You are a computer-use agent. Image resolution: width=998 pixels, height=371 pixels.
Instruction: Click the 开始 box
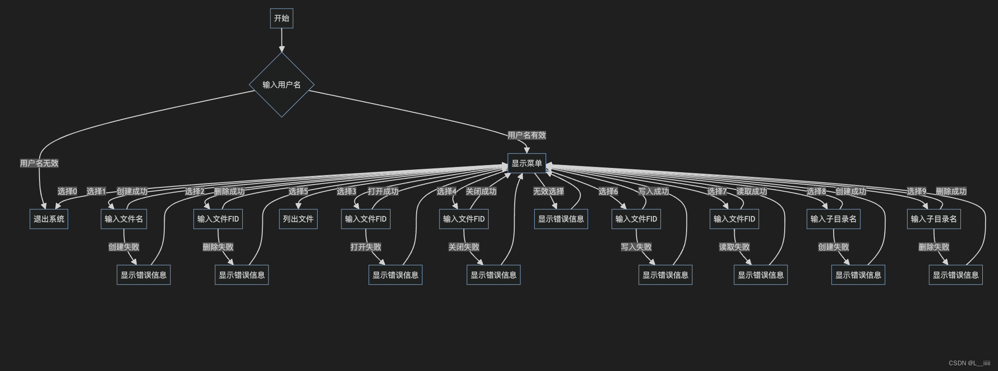point(281,19)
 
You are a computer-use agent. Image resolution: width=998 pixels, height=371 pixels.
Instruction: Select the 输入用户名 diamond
point(281,85)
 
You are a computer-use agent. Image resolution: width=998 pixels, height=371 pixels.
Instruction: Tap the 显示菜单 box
point(526,164)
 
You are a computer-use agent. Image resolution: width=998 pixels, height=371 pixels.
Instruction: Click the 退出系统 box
point(49,219)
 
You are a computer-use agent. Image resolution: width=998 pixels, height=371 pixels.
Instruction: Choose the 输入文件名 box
point(124,219)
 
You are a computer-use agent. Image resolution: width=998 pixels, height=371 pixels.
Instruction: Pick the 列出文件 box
point(298,219)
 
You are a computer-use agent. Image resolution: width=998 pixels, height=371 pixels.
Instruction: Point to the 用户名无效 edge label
point(39,163)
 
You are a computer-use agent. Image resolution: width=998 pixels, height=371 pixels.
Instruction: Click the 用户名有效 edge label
point(527,135)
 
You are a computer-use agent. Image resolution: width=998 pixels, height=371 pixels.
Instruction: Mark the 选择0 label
point(67,191)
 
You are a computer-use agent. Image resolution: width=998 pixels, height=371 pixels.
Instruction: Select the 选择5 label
point(298,191)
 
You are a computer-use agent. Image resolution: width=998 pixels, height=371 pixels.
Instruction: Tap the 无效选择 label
point(549,191)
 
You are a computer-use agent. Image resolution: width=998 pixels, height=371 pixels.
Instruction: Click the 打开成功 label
point(383,191)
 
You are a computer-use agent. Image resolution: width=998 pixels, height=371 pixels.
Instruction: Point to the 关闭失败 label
point(464,247)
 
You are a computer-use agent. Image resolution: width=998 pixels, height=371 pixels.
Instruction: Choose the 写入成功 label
point(653,191)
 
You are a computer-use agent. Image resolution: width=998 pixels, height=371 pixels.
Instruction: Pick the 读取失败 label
point(734,247)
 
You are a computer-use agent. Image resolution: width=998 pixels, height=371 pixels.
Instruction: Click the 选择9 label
point(917,191)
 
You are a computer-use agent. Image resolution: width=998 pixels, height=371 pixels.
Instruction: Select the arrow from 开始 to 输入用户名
point(281,40)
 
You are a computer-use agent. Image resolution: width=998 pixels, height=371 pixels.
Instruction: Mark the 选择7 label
point(717,191)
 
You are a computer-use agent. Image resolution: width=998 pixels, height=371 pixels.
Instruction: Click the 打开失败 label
point(366,247)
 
